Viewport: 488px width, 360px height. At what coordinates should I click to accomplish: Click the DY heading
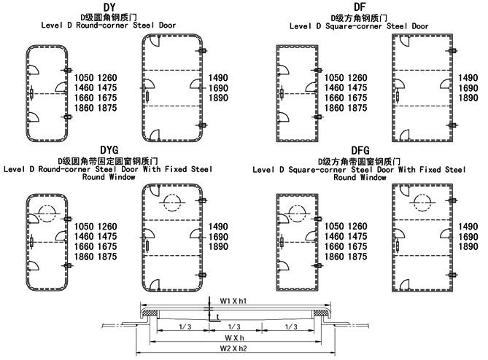tap(109, 7)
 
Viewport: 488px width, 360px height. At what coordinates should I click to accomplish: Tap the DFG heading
tap(360, 150)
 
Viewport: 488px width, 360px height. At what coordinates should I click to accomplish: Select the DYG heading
tap(109, 150)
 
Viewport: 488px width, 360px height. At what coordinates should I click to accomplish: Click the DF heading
tap(360, 7)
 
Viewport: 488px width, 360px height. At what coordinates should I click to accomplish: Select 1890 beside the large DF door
tap(468, 98)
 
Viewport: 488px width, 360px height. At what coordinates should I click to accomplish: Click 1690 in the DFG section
tap(468, 237)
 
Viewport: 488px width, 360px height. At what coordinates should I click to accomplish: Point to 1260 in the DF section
tap(357, 78)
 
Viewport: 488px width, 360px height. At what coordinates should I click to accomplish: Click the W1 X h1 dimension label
tap(233, 301)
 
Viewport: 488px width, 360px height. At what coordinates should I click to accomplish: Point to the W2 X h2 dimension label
tap(233, 348)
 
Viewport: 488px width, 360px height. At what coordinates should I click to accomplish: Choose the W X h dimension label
tap(234, 338)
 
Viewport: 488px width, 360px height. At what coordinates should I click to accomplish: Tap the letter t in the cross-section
tap(217, 317)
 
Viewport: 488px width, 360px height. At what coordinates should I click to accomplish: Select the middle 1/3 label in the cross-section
tap(234, 326)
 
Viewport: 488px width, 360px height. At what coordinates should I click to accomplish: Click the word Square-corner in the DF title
tap(354, 26)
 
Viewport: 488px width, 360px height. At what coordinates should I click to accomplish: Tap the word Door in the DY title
tap(168, 26)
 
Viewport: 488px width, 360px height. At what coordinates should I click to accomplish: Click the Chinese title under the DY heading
tap(109, 17)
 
